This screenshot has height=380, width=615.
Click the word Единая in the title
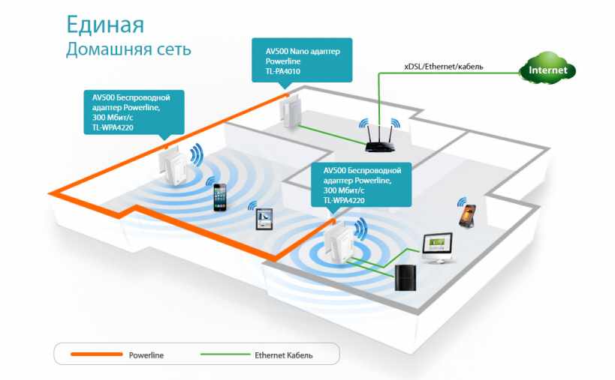[x=104, y=25]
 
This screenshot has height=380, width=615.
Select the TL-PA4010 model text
[x=285, y=73]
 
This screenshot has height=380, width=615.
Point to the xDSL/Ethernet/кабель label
[x=443, y=67]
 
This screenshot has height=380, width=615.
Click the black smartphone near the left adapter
[x=220, y=196]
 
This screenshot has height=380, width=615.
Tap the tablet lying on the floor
[x=263, y=219]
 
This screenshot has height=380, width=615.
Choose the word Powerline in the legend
[x=146, y=354]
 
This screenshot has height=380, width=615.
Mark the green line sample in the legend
[x=226, y=354]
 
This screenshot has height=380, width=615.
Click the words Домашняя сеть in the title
[x=128, y=49]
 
